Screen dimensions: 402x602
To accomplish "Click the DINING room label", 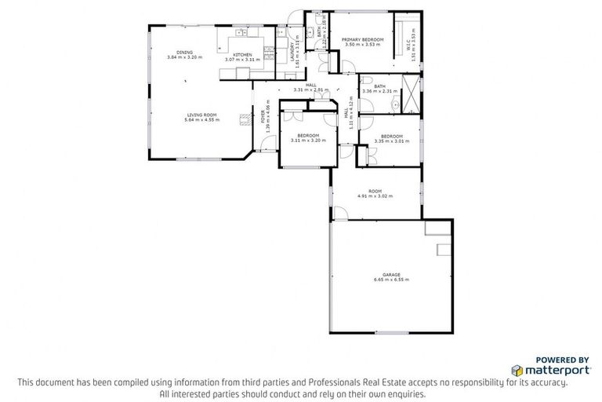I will pos(184,53).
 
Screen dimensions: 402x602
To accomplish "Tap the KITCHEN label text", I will pos(241,54).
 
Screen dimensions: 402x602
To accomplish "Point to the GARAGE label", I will pos(391,274).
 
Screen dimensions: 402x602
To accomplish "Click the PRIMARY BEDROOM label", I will pos(362,39).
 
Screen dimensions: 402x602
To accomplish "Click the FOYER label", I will pos(263,117).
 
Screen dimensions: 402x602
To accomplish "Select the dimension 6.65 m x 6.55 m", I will pos(391,280).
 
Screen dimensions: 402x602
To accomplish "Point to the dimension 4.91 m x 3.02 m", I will pos(375,196).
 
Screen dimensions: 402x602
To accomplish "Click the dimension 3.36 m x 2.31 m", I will pos(379,91).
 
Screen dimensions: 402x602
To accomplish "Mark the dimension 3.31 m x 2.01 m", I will pos(310,90).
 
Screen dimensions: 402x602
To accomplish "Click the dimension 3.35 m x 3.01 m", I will pos(391,141).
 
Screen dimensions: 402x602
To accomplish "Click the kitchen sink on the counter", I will pos(238,35).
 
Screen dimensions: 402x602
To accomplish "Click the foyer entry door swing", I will pos(267,144).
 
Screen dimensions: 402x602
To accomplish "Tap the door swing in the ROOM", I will pos(342,213).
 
